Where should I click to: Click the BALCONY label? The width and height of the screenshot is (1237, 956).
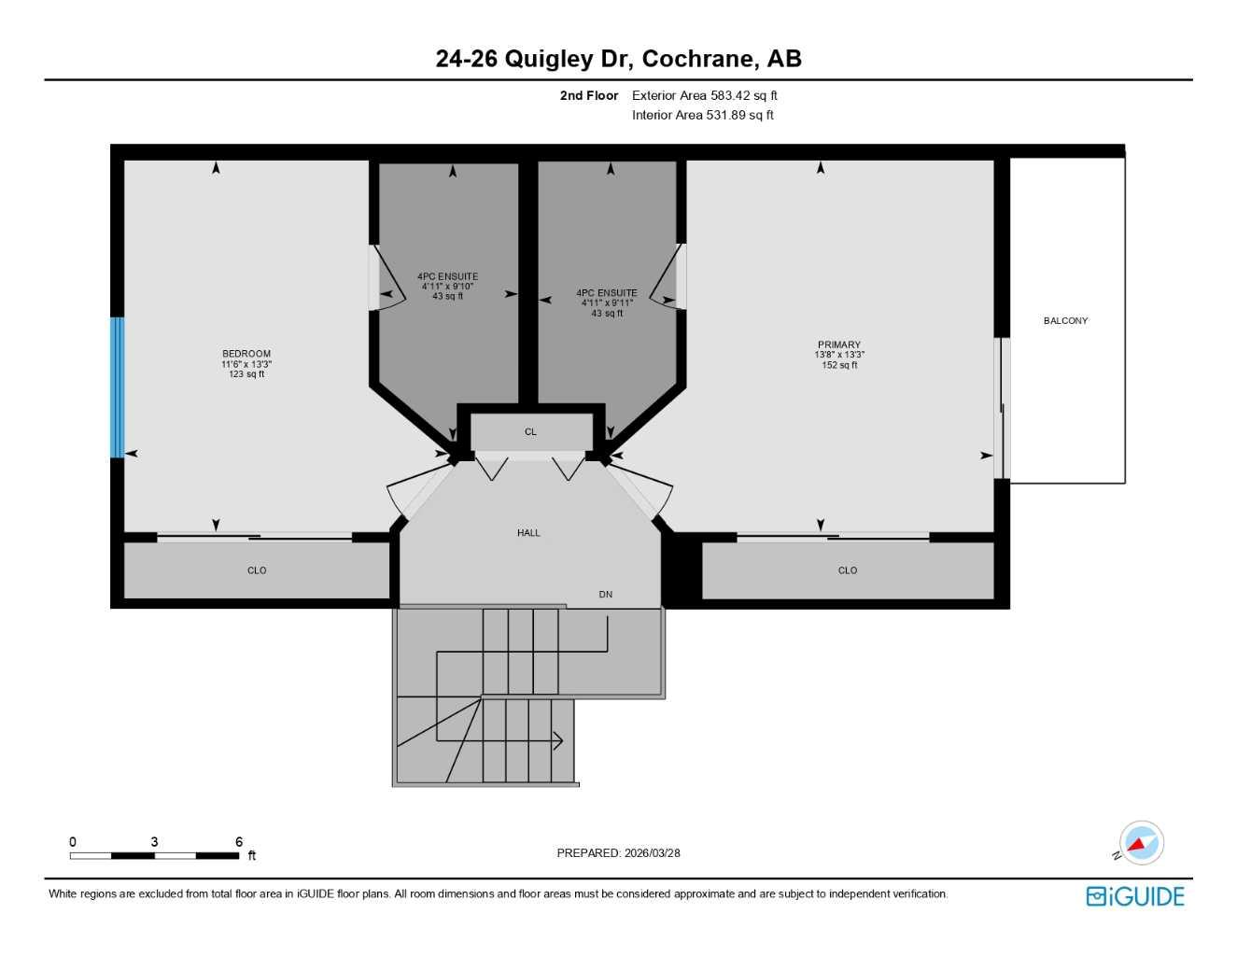(x=1065, y=321)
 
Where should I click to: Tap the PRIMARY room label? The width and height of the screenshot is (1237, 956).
(x=839, y=344)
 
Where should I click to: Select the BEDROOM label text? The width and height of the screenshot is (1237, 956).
(x=246, y=354)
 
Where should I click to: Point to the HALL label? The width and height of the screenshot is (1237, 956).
(x=528, y=533)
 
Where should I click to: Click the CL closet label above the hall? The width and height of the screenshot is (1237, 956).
(x=530, y=432)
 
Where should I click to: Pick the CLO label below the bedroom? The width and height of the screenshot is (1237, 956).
(x=257, y=570)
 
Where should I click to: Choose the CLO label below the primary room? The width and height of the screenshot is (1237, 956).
(x=847, y=570)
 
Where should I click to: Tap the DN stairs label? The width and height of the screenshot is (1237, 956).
(x=606, y=595)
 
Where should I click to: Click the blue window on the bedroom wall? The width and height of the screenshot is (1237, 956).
(x=117, y=387)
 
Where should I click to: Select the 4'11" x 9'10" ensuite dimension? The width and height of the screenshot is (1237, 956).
(x=447, y=287)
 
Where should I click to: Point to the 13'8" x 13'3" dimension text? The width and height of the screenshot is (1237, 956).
(x=839, y=355)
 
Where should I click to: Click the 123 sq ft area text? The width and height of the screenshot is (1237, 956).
(x=246, y=374)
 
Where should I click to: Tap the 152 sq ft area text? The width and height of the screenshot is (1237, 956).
(x=839, y=365)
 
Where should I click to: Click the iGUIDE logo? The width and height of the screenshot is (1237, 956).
(x=1135, y=896)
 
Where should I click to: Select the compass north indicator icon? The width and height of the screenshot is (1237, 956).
(x=1140, y=844)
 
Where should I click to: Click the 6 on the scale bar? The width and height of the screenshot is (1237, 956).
(x=239, y=842)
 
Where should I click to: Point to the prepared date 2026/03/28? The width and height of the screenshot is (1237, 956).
(x=652, y=853)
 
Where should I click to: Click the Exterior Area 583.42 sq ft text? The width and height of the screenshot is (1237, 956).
(x=704, y=95)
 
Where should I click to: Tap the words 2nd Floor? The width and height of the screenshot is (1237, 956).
(x=589, y=95)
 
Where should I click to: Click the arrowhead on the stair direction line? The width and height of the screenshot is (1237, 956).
(x=558, y=740)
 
